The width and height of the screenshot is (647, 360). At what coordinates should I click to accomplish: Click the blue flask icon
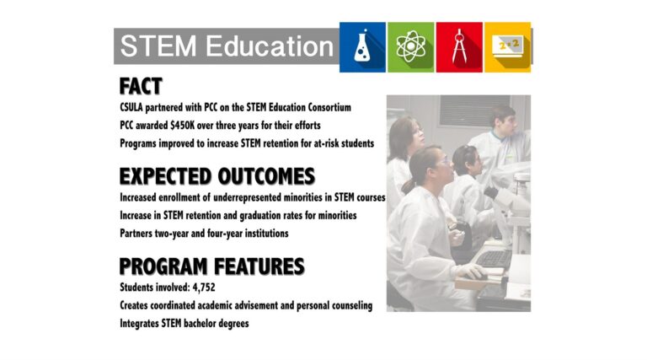[x=362, y=47]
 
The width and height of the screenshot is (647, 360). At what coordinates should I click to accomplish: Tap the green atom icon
[x=410, y=47]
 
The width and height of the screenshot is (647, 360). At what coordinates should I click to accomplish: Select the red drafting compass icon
[x=459, y=47]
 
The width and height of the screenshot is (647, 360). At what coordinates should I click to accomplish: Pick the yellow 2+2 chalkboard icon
[x=507, y=47]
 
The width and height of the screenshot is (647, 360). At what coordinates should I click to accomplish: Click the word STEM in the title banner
[x=158, y=46]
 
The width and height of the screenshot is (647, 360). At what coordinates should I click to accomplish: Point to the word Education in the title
[x=270, y=46]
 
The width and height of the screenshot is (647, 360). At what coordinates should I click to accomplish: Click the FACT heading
[x=141, y=86]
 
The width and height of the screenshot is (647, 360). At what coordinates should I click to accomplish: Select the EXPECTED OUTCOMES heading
[x=217, y=176]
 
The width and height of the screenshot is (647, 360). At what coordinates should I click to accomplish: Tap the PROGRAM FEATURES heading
[x=211, y=266]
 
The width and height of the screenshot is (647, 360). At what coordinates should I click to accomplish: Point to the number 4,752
[x=204, y=287]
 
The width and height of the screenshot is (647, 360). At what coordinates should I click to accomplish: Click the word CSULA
[x=131, y=107]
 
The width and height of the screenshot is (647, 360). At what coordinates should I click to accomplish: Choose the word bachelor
[x=200, y=323]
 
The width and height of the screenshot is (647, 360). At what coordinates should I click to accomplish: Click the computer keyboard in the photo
[x=494, y=260]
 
